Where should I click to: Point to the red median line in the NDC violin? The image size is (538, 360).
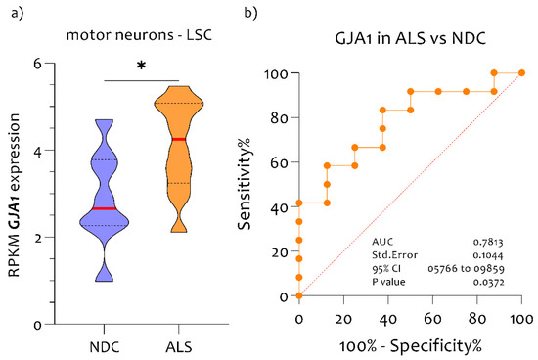pyautogui.click(x=105, y=208)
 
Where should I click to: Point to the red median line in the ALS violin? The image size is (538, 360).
pyautogui.click(x=179, y=139)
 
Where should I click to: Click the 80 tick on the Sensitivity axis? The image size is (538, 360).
pyautogui.click(x=280, y=118)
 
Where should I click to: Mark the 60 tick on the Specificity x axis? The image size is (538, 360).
pyautogui.click(x=432, y=319)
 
